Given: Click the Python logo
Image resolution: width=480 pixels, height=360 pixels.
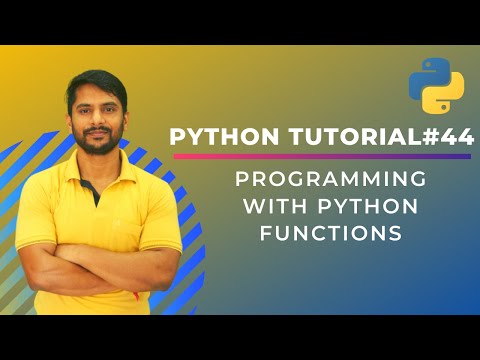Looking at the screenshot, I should point(436,86).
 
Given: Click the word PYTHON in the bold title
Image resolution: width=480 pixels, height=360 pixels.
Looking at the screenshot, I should point(215,138).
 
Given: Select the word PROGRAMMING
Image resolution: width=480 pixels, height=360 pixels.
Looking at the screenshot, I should point(331,181).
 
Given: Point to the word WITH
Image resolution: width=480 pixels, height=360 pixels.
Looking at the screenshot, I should point(264,207).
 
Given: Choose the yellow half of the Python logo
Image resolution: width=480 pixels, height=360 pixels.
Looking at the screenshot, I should point(445,96).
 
